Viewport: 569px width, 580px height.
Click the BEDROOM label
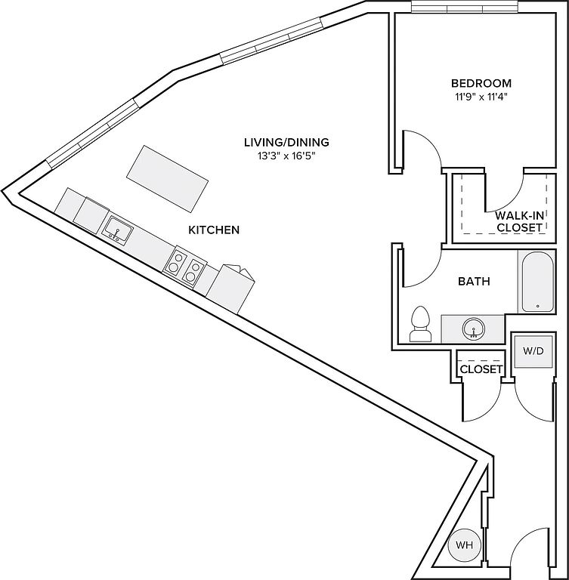point(481,83)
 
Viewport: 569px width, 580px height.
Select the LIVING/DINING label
point(286,142)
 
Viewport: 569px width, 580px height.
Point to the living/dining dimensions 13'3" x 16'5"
point(286,156)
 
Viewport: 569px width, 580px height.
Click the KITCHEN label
point(214,229)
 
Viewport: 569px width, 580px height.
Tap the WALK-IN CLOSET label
point(519,221)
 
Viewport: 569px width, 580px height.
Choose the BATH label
point(474,282)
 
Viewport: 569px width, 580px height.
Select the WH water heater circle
point(461,545)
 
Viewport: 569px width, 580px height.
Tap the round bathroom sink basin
point(473,329)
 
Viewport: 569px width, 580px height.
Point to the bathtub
point(537,281)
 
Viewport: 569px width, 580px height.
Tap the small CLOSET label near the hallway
point(481,369)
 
